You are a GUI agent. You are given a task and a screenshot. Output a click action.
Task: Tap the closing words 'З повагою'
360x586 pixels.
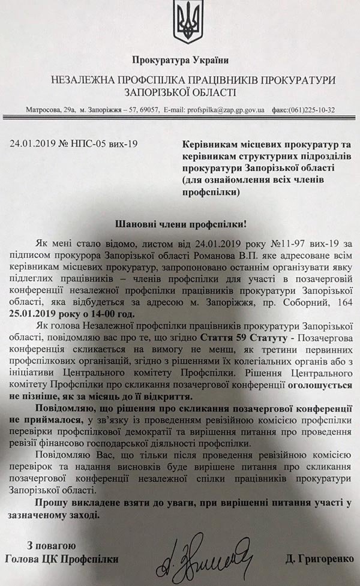51,545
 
